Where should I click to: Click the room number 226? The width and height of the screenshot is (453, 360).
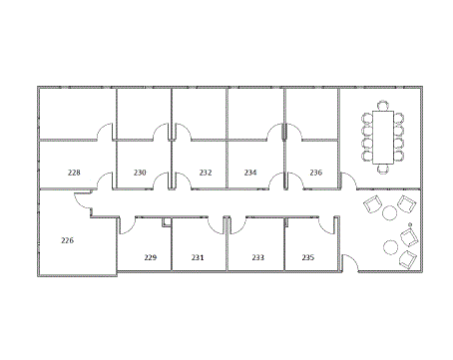point(68,240)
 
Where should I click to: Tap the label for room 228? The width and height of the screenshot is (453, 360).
point(74,173)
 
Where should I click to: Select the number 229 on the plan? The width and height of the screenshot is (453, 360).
point(150,257)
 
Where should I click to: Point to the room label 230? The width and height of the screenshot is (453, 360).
point(140,173)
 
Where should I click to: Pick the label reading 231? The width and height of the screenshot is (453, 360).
point(198,257)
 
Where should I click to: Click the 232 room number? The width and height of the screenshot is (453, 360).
point(206,173)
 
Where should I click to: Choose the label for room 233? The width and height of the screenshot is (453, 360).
point(257,257)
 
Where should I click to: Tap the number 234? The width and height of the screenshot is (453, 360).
point(250,173)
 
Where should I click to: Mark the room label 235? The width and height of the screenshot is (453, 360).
point(307,257)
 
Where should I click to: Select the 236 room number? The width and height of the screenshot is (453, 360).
point(315,173)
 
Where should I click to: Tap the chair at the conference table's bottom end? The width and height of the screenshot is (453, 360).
point(383,168)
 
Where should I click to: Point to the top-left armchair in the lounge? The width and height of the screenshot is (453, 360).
point(373,205)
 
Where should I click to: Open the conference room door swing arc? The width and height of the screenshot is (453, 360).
point(348,182)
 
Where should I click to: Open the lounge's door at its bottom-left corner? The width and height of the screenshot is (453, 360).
point(349,262)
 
